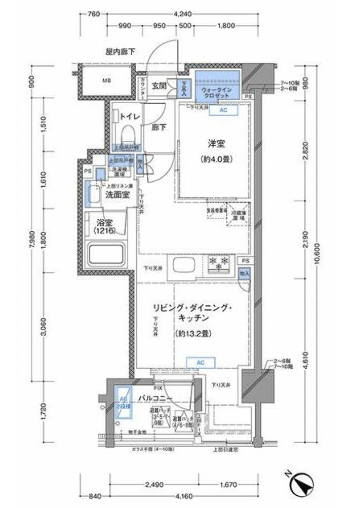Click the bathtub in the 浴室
pos(106,255)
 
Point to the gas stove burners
pos(219,263)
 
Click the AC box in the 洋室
pos(223,110)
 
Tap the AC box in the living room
pos(201,362)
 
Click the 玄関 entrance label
pos(158,85)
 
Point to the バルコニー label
pos(153,399)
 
